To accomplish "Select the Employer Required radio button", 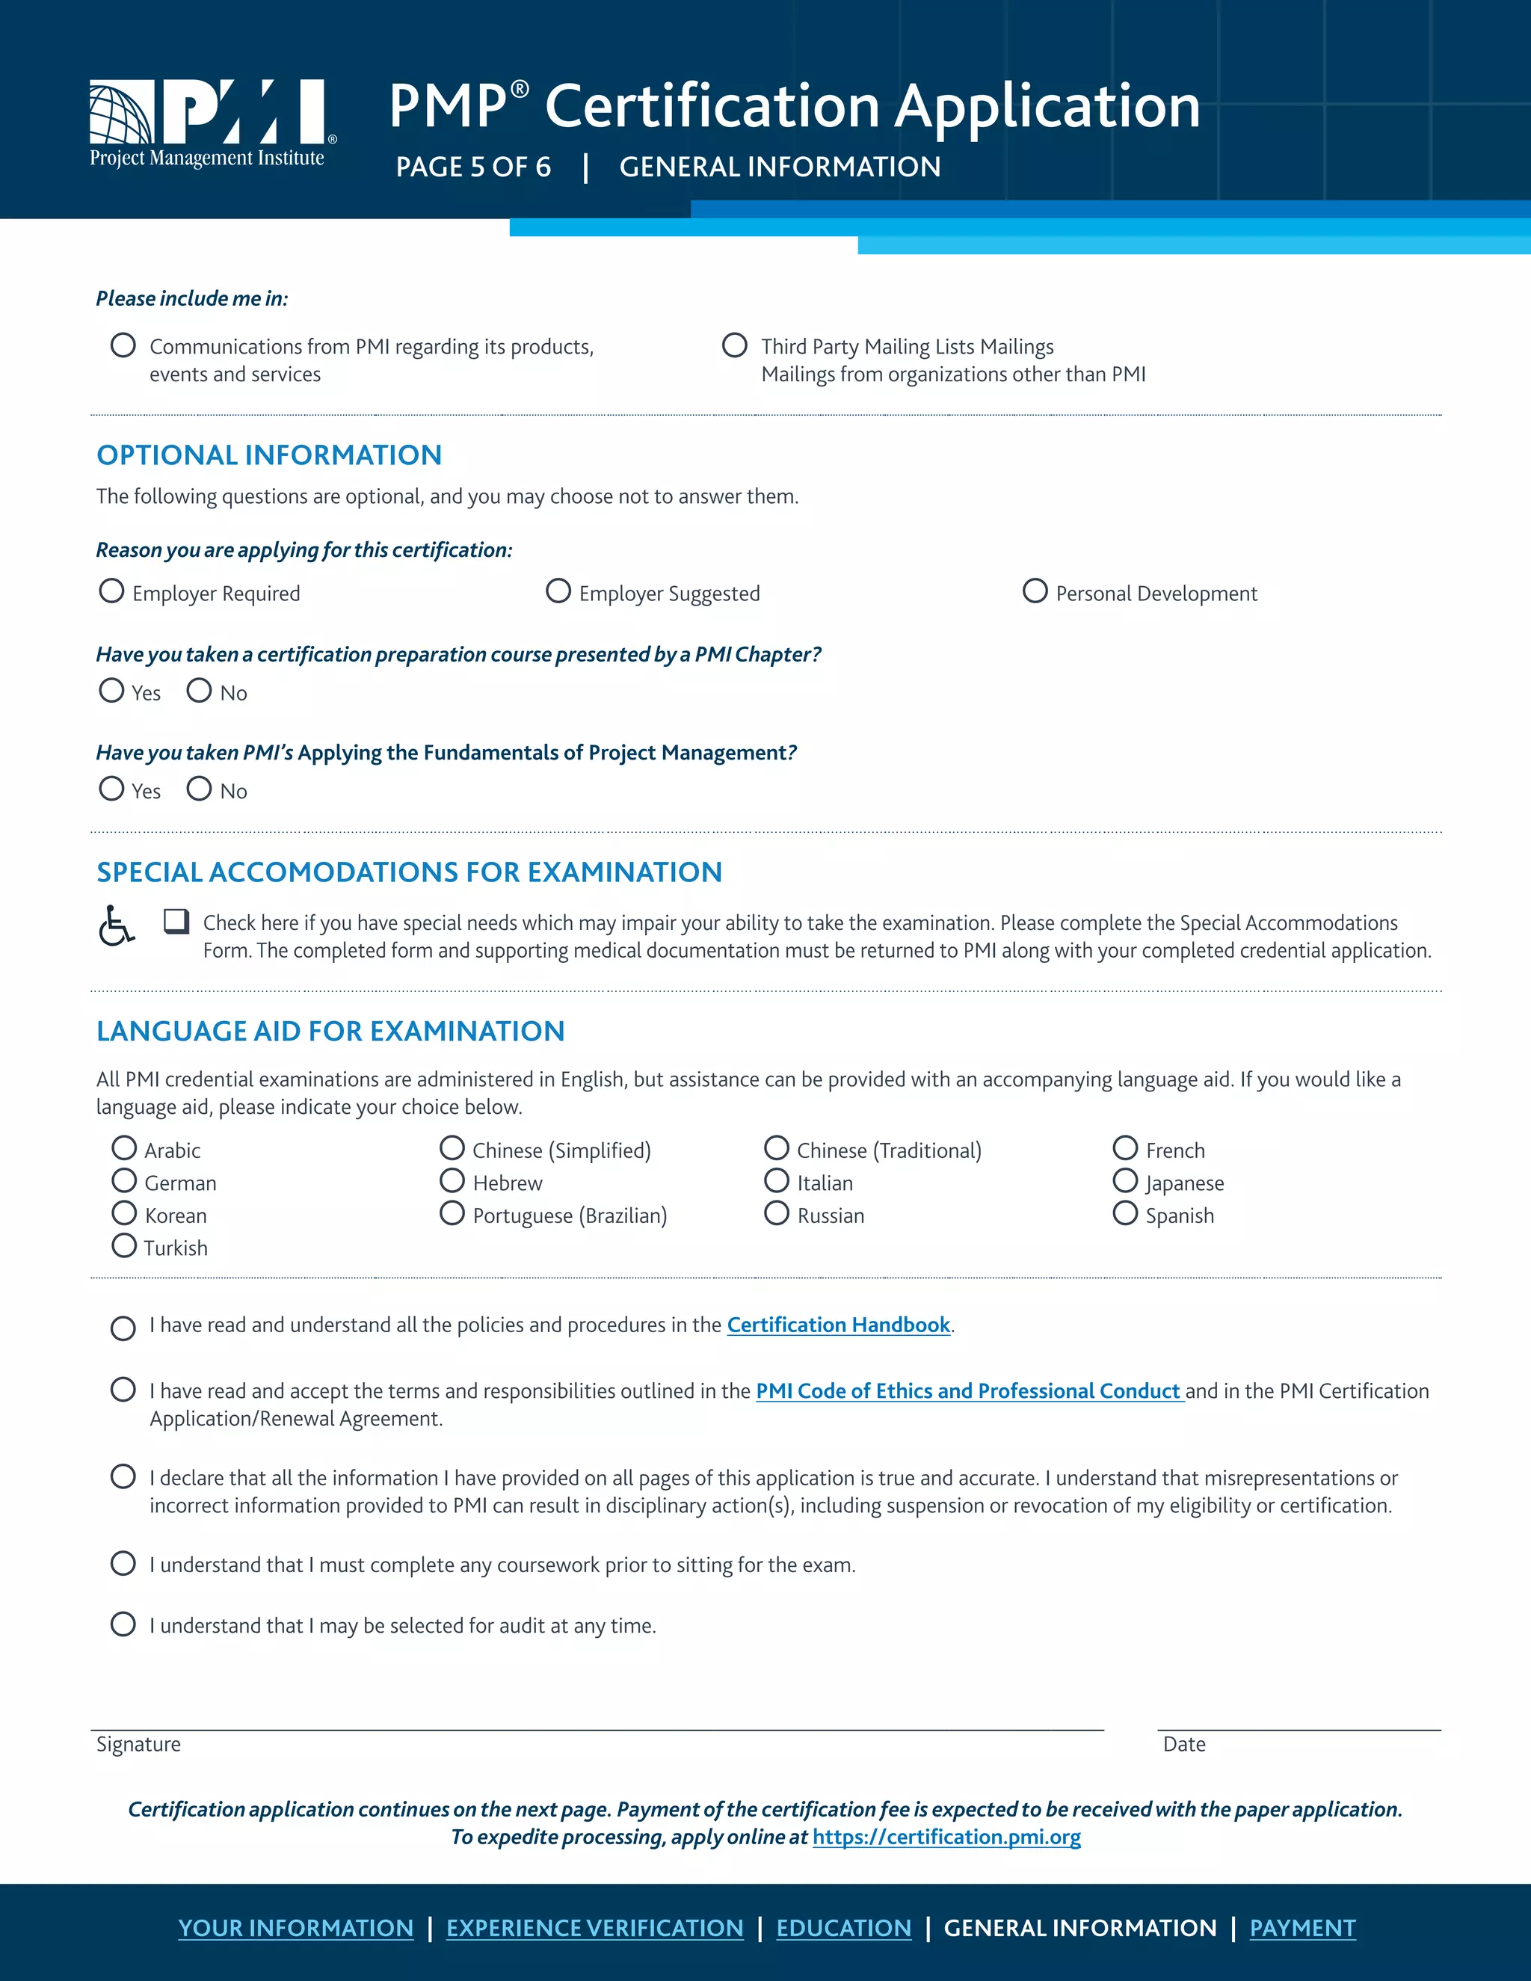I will click(111, 591).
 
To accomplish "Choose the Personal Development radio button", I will click(1035, 591).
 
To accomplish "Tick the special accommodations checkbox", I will click(176, 922).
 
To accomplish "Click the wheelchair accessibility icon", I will click(116, 925).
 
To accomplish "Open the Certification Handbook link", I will click(838, 1325).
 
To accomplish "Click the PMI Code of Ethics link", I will click(968, 1391).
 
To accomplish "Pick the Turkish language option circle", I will click(124, 1246).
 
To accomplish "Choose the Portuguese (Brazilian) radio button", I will click(452, 1213).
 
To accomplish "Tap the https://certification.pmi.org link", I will click(946, 1837).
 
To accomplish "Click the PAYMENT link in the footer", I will click(1301, 1927).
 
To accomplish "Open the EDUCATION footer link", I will click(843, 1927).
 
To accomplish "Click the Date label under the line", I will click(1183, 1744).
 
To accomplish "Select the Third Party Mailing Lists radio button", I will click(735, 345).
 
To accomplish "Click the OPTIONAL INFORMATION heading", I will click(269, 455).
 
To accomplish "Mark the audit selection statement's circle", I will click(123, 1624).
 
